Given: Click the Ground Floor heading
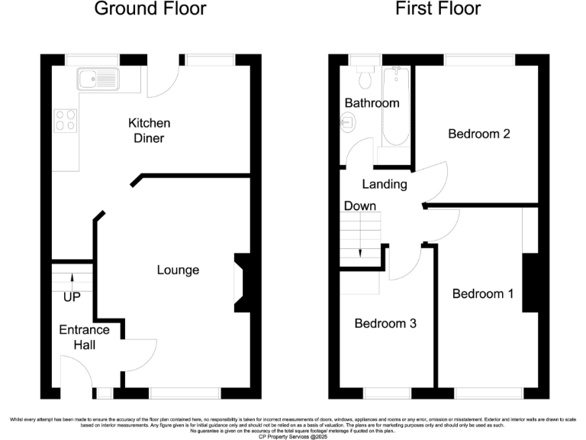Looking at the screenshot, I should coord(150,10).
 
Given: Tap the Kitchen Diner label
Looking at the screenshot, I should coord(149,131).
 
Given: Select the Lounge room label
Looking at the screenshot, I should coord(178,270).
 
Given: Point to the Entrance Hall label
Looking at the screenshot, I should coord(85,338).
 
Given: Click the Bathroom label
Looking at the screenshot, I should coord(372,103).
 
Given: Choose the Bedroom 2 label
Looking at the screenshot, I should coord(478,134).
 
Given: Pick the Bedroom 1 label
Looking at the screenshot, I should coord(482,294).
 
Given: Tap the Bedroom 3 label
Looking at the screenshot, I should coord(385,323).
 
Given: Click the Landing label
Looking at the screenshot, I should coord(384,184).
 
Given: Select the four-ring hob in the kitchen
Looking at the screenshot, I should coord(65,121).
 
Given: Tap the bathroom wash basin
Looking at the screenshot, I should coord(348,121).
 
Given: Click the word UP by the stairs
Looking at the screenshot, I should coord(72,296).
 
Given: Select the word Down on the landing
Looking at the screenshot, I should coord(359,206).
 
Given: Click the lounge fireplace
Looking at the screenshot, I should coord(241,283).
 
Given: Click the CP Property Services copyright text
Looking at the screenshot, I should coord(292,435).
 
